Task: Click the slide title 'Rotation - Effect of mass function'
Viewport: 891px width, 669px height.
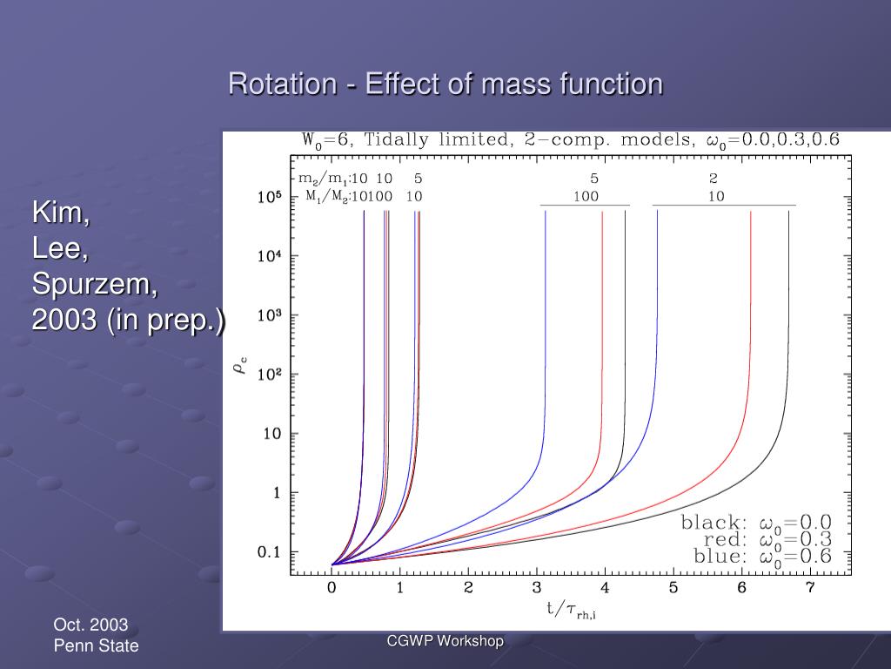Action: point(445,84)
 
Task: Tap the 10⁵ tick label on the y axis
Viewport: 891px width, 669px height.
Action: point(269,198)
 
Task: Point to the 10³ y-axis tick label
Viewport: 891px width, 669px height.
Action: point(269,316)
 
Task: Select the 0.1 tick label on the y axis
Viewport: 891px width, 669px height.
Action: point(269,552)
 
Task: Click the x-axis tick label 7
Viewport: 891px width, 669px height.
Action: point(809,588)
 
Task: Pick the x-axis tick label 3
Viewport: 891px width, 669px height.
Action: point(537,588)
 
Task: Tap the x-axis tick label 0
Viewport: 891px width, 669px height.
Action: point(332,588)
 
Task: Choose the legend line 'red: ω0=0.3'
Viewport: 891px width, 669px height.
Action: point(762,539)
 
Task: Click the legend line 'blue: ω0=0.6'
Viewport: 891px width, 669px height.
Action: point(762,556)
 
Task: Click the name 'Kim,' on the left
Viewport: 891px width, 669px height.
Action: point(61,213)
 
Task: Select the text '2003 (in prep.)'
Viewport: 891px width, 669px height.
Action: point(128,320)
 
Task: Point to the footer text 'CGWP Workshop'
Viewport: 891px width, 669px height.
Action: point(445,641)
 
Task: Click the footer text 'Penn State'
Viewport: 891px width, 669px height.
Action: point(96,645)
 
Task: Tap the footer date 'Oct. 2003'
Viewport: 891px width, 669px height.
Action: point(90,625)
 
